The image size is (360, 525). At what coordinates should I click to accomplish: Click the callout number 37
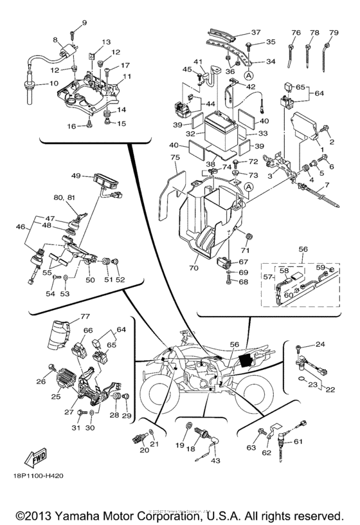click(x=256, y=33)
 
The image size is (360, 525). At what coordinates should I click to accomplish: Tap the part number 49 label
click(x=76, y=176)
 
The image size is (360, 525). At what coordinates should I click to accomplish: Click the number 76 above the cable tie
click(x=296, y=32)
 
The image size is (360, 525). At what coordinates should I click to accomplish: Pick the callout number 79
click(x=334, y=32)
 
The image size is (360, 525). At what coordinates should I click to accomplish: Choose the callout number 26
click(x=41, y=382)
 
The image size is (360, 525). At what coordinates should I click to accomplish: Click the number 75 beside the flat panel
click(x=174, y=157)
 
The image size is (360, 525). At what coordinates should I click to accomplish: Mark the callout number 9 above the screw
click(x=84, y=24)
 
